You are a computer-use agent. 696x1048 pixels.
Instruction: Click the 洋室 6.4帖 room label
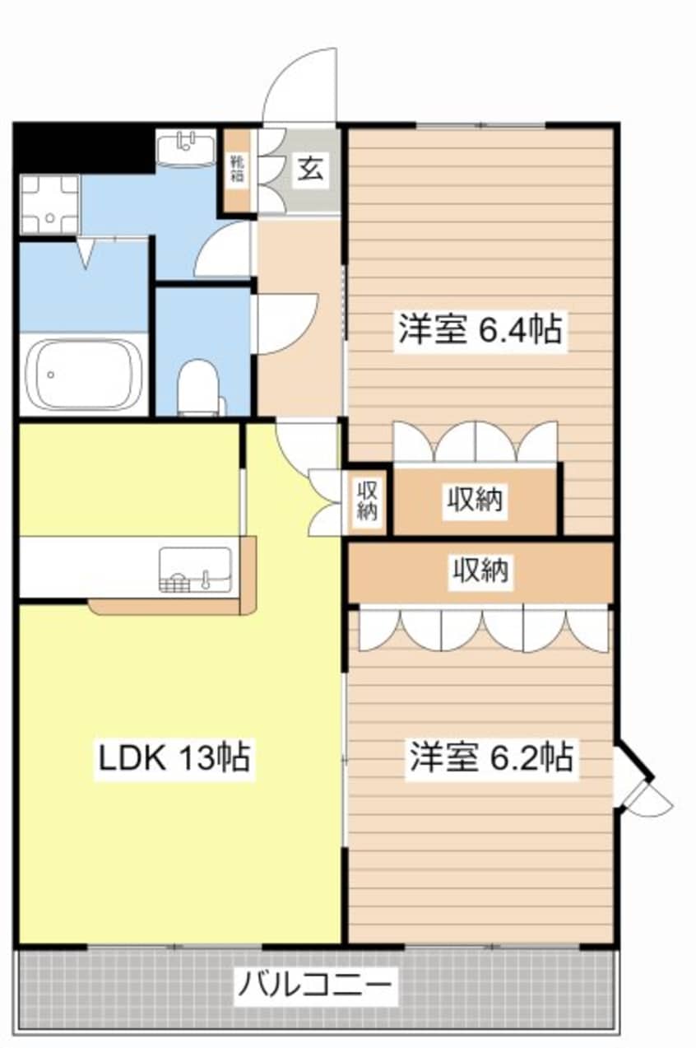click(x=480, y=331)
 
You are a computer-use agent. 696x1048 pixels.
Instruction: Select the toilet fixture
click(x=199, y=386)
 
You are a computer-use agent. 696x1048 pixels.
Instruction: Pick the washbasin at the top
click(x=185, y=148)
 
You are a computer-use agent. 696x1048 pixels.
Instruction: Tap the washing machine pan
click(x=49, y=203)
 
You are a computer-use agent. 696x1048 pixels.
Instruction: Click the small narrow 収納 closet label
click(x=367, y=501)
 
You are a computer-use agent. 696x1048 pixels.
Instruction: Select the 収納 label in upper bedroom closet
click(x=476, y=500)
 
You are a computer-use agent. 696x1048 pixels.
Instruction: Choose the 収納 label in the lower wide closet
click(x=480, y=570)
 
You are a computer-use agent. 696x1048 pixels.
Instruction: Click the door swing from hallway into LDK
click(x=304, y=445)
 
